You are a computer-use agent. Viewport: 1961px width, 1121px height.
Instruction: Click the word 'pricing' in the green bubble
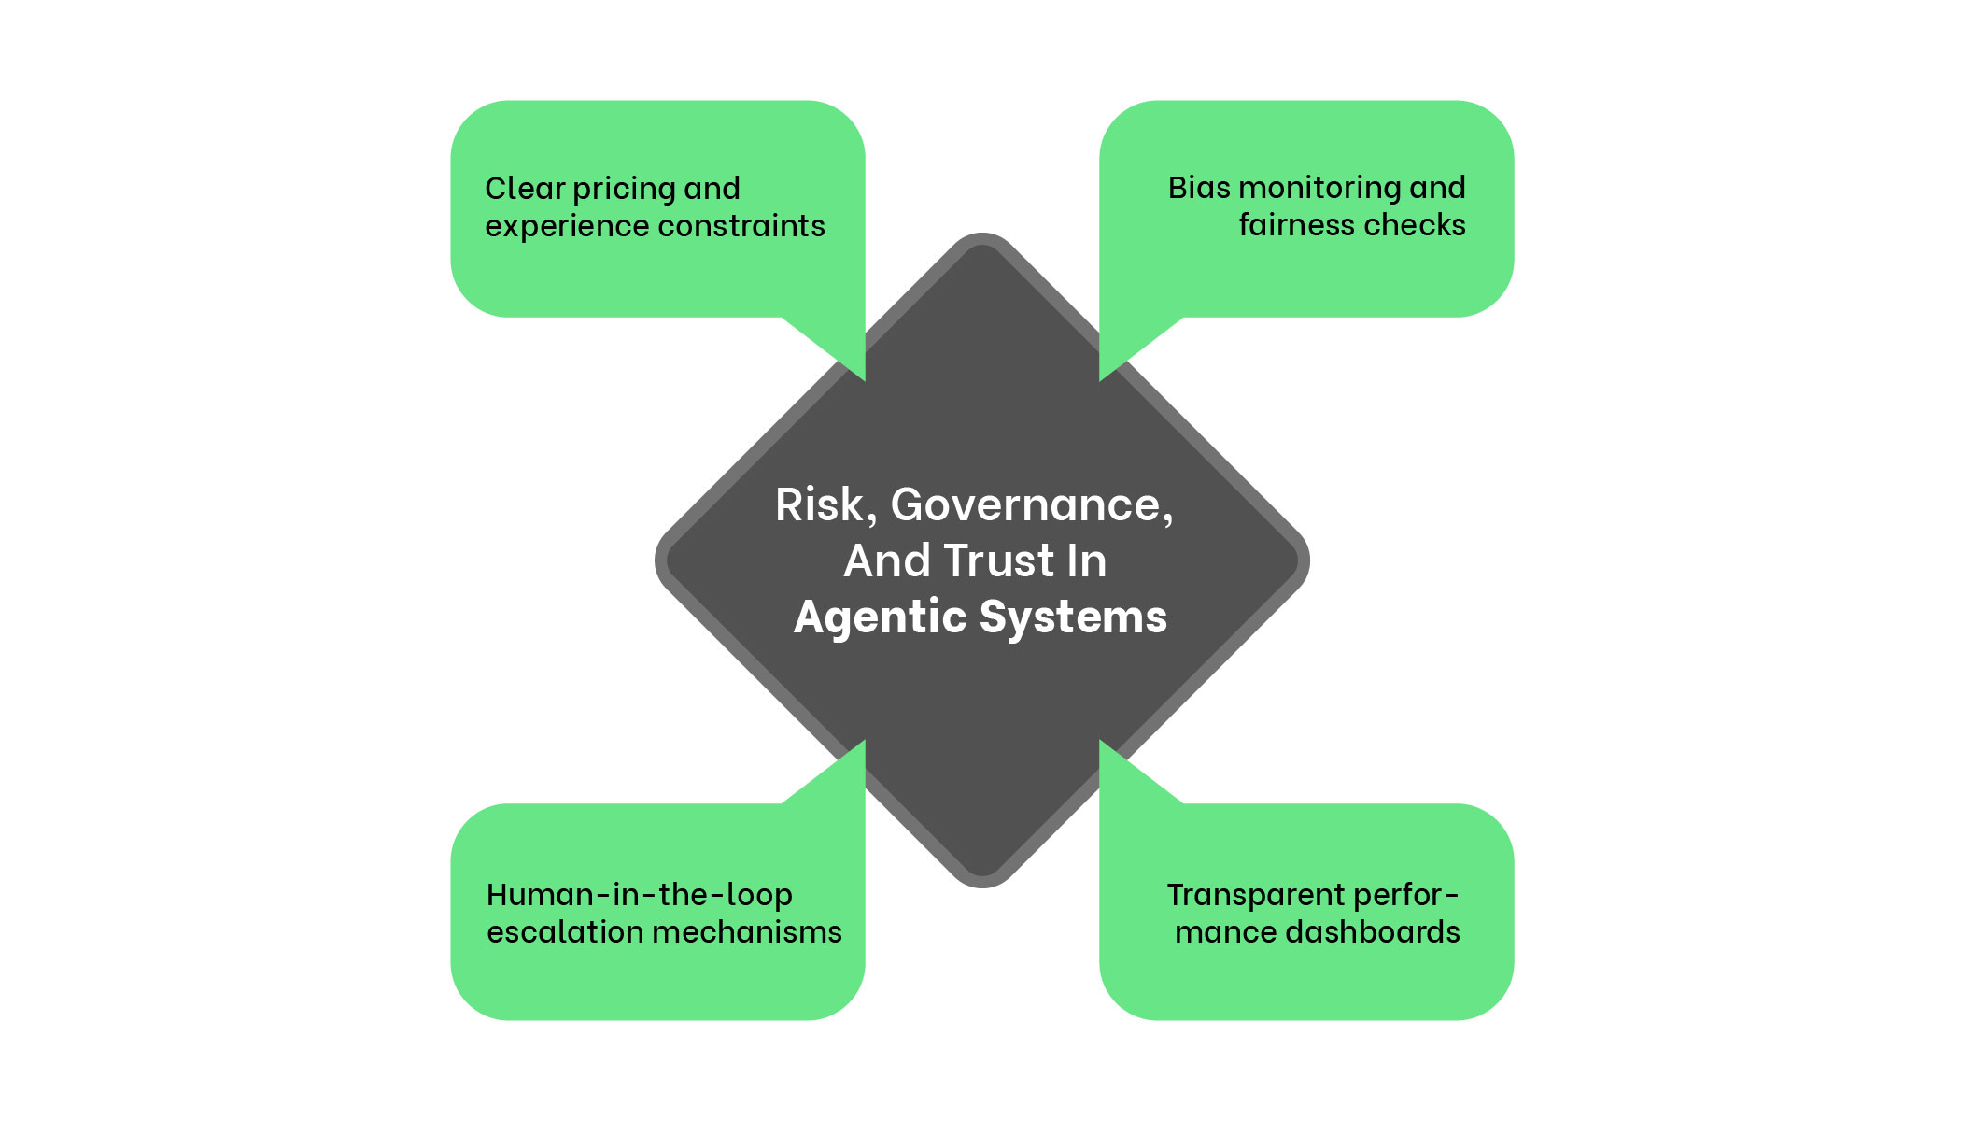pyautogui.click(x=624, y=190)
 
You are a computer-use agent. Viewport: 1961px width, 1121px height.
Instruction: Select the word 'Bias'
pyautogui.click(x=1199, y=188)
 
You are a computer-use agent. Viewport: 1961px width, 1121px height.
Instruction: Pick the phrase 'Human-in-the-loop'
pyautogui.click(x=640, y=895)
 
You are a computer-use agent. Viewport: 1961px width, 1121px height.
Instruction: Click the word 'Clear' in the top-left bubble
pyautogui.click(x=525, y=189)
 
